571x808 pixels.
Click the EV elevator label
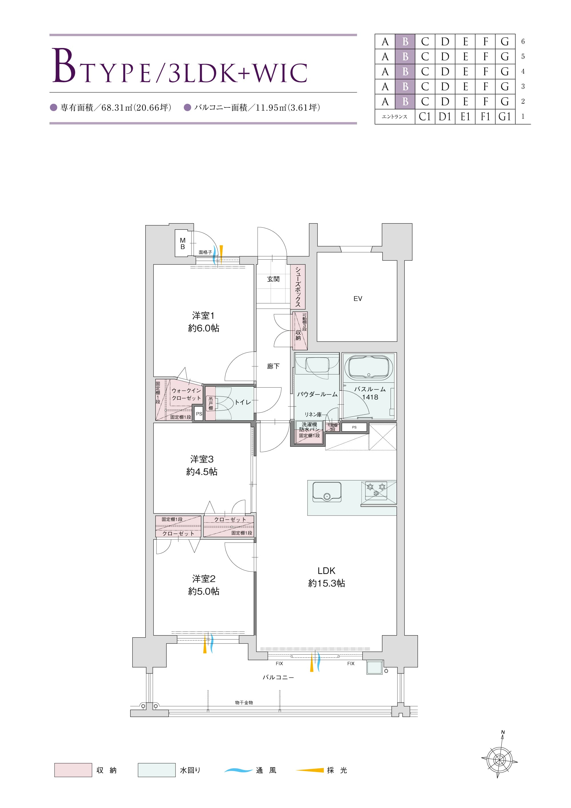357,298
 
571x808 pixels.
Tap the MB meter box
183,243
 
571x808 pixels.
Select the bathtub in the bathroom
369,367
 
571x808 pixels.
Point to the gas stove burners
376,490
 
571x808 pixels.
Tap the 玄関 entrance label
273,279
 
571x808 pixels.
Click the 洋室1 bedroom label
203,316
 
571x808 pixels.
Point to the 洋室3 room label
202,459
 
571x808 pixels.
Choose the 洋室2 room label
204,579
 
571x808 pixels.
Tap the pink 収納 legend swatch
73,770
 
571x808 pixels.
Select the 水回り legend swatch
156,770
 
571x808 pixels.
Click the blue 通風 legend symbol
238,770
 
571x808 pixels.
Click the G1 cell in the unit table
505,117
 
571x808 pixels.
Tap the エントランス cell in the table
395,117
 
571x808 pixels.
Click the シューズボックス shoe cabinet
298,287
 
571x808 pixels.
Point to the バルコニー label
278,677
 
